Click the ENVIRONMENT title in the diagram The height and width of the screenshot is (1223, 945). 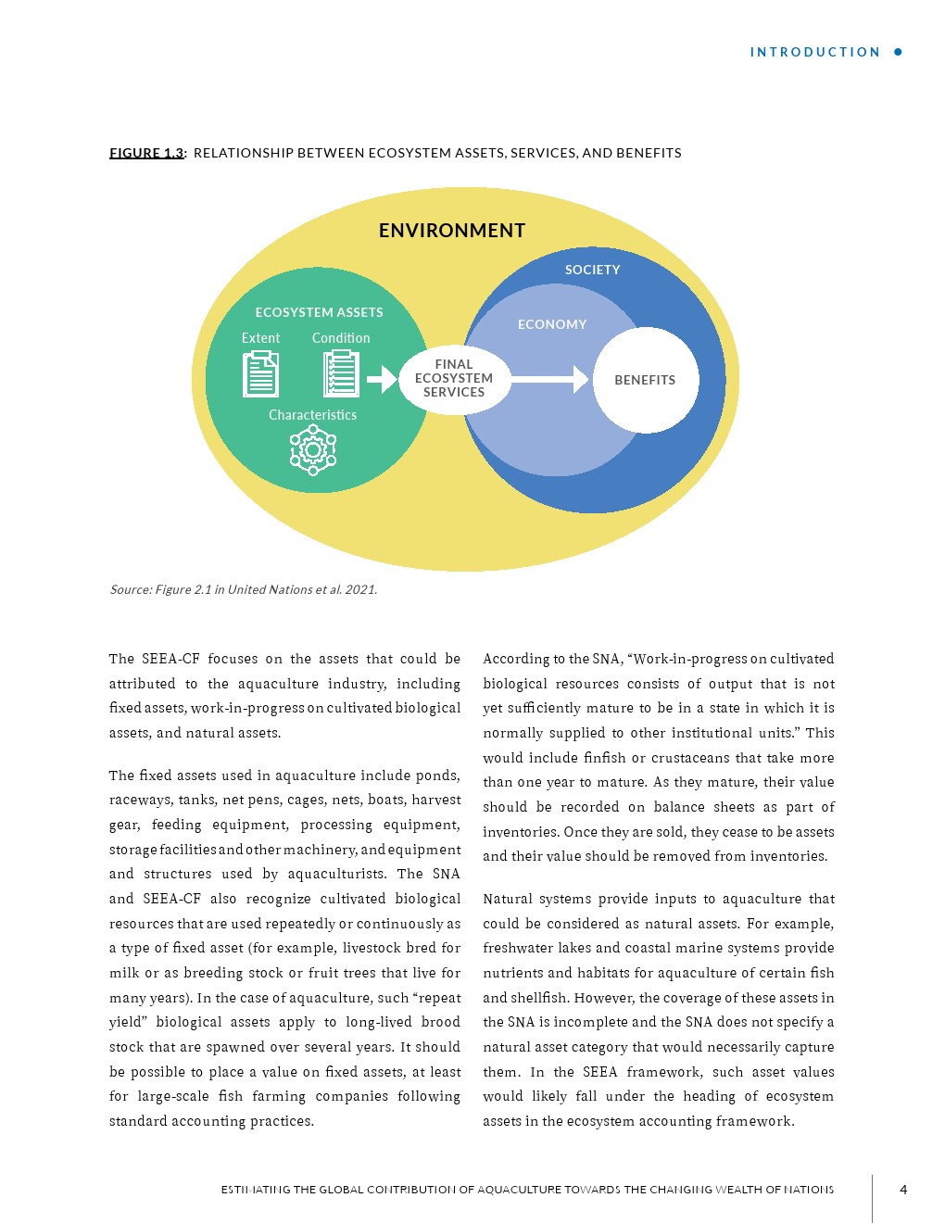click(x=452, y=231)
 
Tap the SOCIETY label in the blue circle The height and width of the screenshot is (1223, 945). click(x=592, y=270)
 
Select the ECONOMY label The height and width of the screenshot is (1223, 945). click(x=552, y=324)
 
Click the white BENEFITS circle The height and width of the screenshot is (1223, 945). click(x=646, y=380)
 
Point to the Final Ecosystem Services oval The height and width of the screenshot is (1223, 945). click(x=454, y=378)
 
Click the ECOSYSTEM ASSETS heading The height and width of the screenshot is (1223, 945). click(x=319, y=312)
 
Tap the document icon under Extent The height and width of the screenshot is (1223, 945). click(x=260, y=373)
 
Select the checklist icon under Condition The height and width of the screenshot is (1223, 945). click(x=341, y=373)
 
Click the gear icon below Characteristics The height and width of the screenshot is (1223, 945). click(x=313, y=450)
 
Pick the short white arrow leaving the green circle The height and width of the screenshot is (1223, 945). click(x=382, y=379)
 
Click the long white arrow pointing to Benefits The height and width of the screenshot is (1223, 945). click(x=548, y=379)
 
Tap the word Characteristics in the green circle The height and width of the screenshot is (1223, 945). click(x=312, y=415)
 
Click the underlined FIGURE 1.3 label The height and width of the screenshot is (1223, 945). click(x=146, y=153)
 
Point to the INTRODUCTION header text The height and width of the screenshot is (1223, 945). click(x=815, y=53)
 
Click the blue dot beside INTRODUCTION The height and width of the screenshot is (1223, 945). click(x=898, y=52)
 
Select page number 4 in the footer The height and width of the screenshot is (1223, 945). click(x=903, y=1190)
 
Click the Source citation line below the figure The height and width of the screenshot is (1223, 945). click(x=243, y=589)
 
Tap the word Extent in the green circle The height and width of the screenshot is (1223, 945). click(x=260, y=338)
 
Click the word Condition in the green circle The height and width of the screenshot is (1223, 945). click(x=341, y=338)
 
